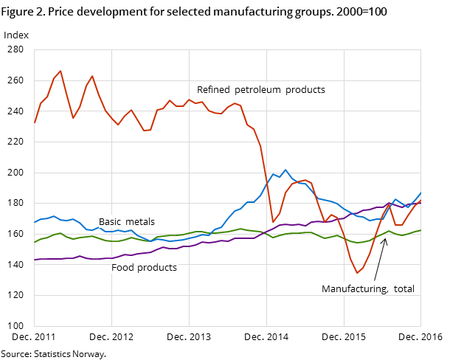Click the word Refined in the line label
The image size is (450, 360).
pos(213,90)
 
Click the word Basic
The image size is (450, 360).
pos(111,222)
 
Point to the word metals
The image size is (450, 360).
pos(140,222)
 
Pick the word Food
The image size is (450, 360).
pos(122,268)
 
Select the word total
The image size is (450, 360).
pos(404,289)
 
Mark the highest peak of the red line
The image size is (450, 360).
pos(60,71)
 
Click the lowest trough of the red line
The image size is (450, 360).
pos(357,273)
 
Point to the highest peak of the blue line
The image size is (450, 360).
pos(286,170)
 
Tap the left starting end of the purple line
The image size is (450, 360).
pos(35,260)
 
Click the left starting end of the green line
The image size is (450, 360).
pos(35,242)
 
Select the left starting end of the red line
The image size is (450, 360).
pos(35,122)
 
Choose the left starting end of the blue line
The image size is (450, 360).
pos(35,222)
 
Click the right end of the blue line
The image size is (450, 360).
pos(420,193)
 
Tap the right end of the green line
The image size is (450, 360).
pos(420,230)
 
